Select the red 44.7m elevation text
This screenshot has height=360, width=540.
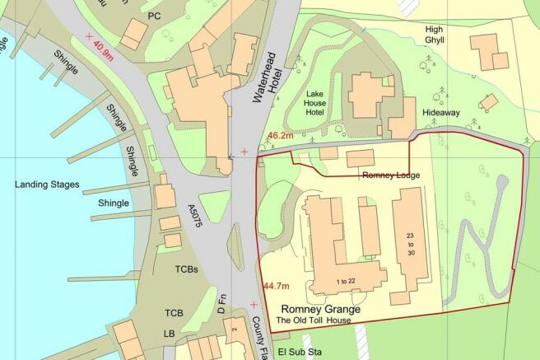pos(276,286)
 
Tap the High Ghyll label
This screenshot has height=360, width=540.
pos(434,35)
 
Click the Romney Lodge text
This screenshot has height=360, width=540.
pos(390,175)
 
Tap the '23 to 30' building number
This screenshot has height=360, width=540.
pos(410,245)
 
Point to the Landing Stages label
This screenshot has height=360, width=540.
pos(46,185)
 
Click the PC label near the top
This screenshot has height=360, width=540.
pos(153,16)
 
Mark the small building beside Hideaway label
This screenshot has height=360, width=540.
pos(489,101)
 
